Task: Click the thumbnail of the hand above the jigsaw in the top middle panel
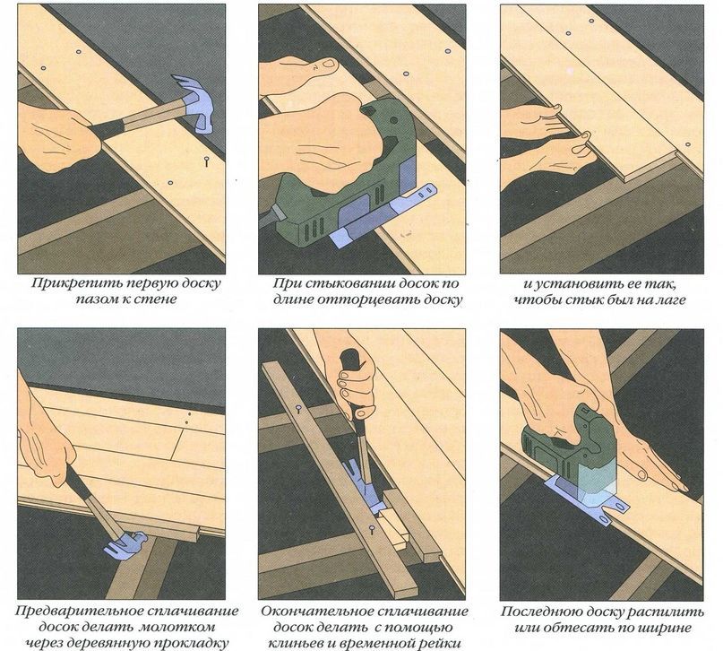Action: [328, 65]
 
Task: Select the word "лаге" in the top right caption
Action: [672, 299]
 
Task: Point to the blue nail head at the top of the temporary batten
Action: [299, 408]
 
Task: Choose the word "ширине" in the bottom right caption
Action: [667, 628]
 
